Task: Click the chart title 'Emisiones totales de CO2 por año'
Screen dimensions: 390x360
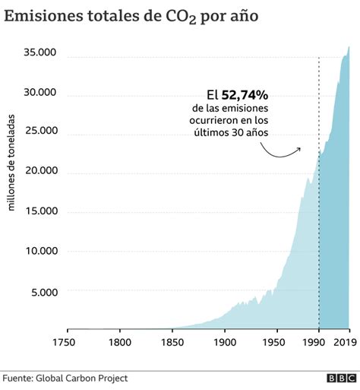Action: pyautogui.click(x=137, y=16)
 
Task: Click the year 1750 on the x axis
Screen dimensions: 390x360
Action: pyautogui.click(x=68, y=344)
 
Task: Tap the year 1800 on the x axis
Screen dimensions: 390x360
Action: pyautogui.click(x=120, y=344)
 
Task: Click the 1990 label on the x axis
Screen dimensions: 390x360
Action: pyautogui.click(x=317, y=344)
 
